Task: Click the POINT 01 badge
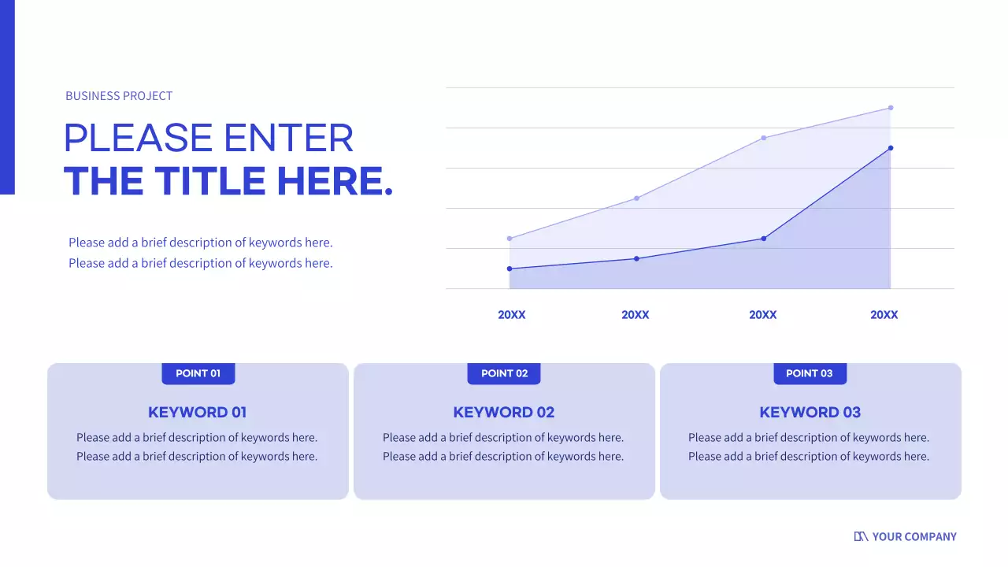[198, 373]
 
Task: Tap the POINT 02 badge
[504, 373]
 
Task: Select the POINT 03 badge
[810, 373]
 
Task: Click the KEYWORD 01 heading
[198, 412]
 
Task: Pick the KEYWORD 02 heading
[504, 412]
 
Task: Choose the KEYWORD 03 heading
[810, 412]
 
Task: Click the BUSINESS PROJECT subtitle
[119, 96]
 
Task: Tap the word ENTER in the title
[289, 138]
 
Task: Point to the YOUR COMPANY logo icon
[861, 536]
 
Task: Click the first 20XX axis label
[512, 315]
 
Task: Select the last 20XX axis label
[884, 315]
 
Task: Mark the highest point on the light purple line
[891, 108]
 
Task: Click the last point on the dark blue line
[891, 148]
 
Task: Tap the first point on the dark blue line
[510, 269]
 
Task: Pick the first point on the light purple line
[510, 239]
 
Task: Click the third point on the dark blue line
[764, 239]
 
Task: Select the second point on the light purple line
[636, 198]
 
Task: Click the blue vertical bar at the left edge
[7, 97]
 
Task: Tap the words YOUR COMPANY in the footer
[914, 536]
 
